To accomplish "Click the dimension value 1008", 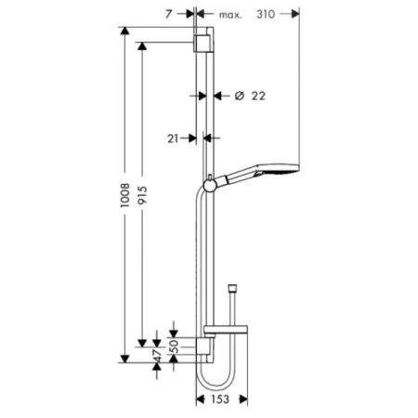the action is (x=125, y=195).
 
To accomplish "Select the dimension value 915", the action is (x=142, y=195).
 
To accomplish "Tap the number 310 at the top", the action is (x=266, y=14).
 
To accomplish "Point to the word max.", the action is (x=230, y=15).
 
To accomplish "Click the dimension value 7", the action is (x=168, y=14).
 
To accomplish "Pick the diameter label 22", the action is (x=258, y=96).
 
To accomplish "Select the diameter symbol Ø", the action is (x=240, y=96).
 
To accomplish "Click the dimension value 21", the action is (x=173, y=138).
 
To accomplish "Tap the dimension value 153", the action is (x=220, y=399).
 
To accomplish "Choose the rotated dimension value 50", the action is (x=175, y=346).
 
